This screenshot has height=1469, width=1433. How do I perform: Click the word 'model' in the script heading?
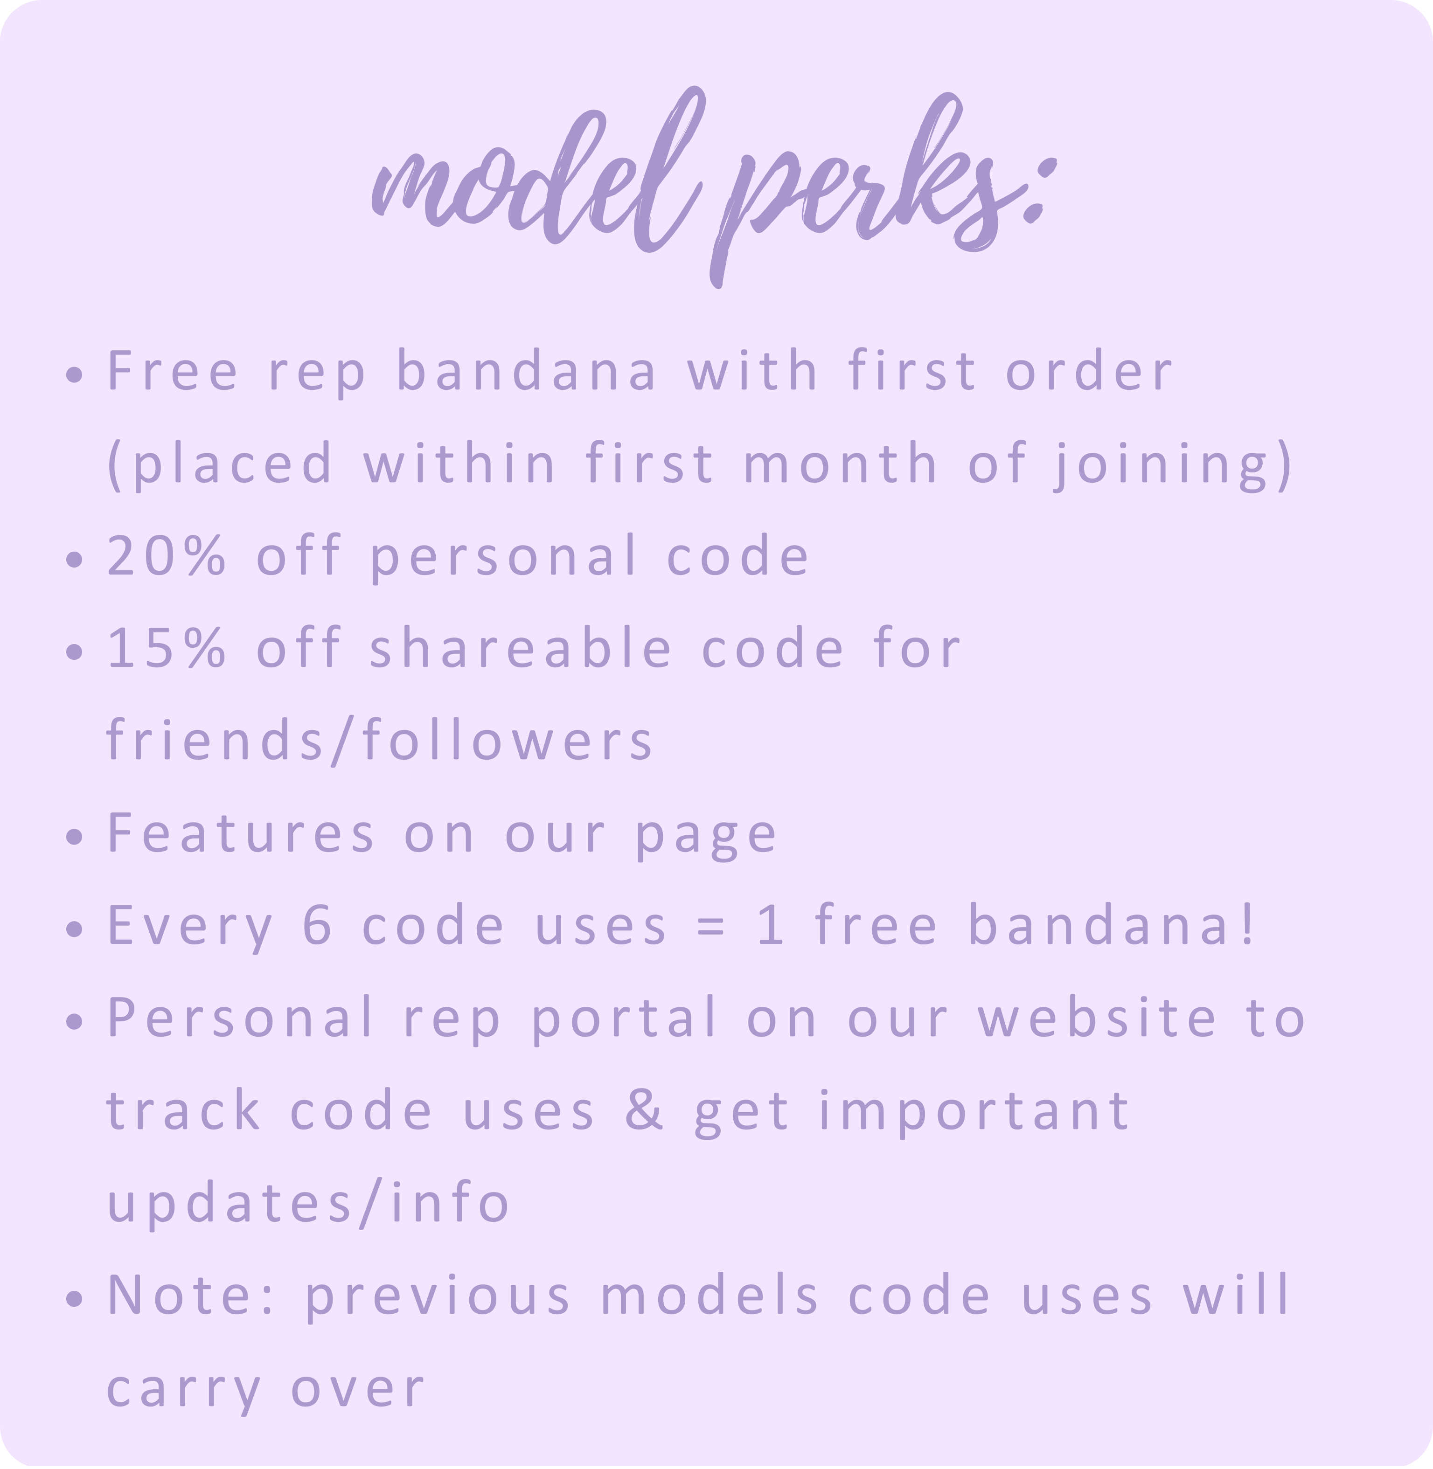[538, 177]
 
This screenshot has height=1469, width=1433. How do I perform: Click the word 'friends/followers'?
[380, 740]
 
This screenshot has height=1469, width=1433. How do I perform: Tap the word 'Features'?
[241, 833]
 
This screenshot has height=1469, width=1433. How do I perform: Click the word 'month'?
[841, 462]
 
